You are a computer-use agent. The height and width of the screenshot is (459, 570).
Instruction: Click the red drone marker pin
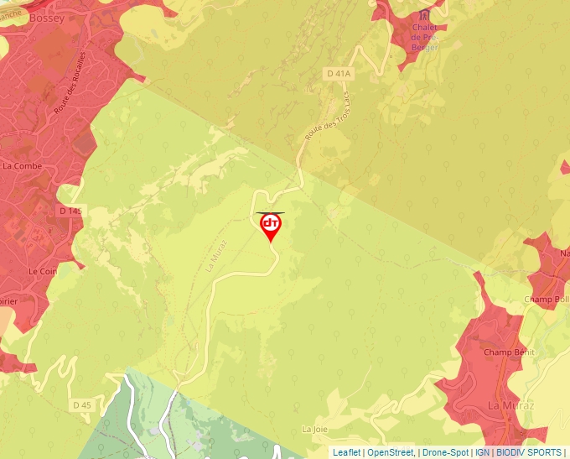[271, 225]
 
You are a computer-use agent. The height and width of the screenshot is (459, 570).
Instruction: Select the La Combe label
[22, 165]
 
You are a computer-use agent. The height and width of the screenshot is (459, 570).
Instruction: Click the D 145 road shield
[70, 210]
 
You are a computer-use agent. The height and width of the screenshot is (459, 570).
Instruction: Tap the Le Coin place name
[42, 272]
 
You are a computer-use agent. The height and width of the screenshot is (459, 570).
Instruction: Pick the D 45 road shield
[81, 405]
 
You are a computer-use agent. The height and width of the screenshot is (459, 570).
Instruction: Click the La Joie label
[315, 429]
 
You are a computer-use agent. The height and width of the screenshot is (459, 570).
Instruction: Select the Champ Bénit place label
[509, 352]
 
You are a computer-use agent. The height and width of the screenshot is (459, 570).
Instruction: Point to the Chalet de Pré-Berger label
[425, 37]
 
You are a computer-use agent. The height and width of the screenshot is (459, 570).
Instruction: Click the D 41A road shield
[338, 74]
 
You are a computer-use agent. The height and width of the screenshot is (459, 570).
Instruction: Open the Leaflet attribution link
[347, 452]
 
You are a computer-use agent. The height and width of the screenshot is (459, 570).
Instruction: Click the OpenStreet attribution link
[391, 452]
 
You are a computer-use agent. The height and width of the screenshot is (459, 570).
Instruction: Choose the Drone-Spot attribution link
[445, 452]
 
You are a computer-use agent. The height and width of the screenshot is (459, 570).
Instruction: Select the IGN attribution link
[482, 452]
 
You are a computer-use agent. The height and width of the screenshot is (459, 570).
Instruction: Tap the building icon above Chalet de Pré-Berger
[424, 15]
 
